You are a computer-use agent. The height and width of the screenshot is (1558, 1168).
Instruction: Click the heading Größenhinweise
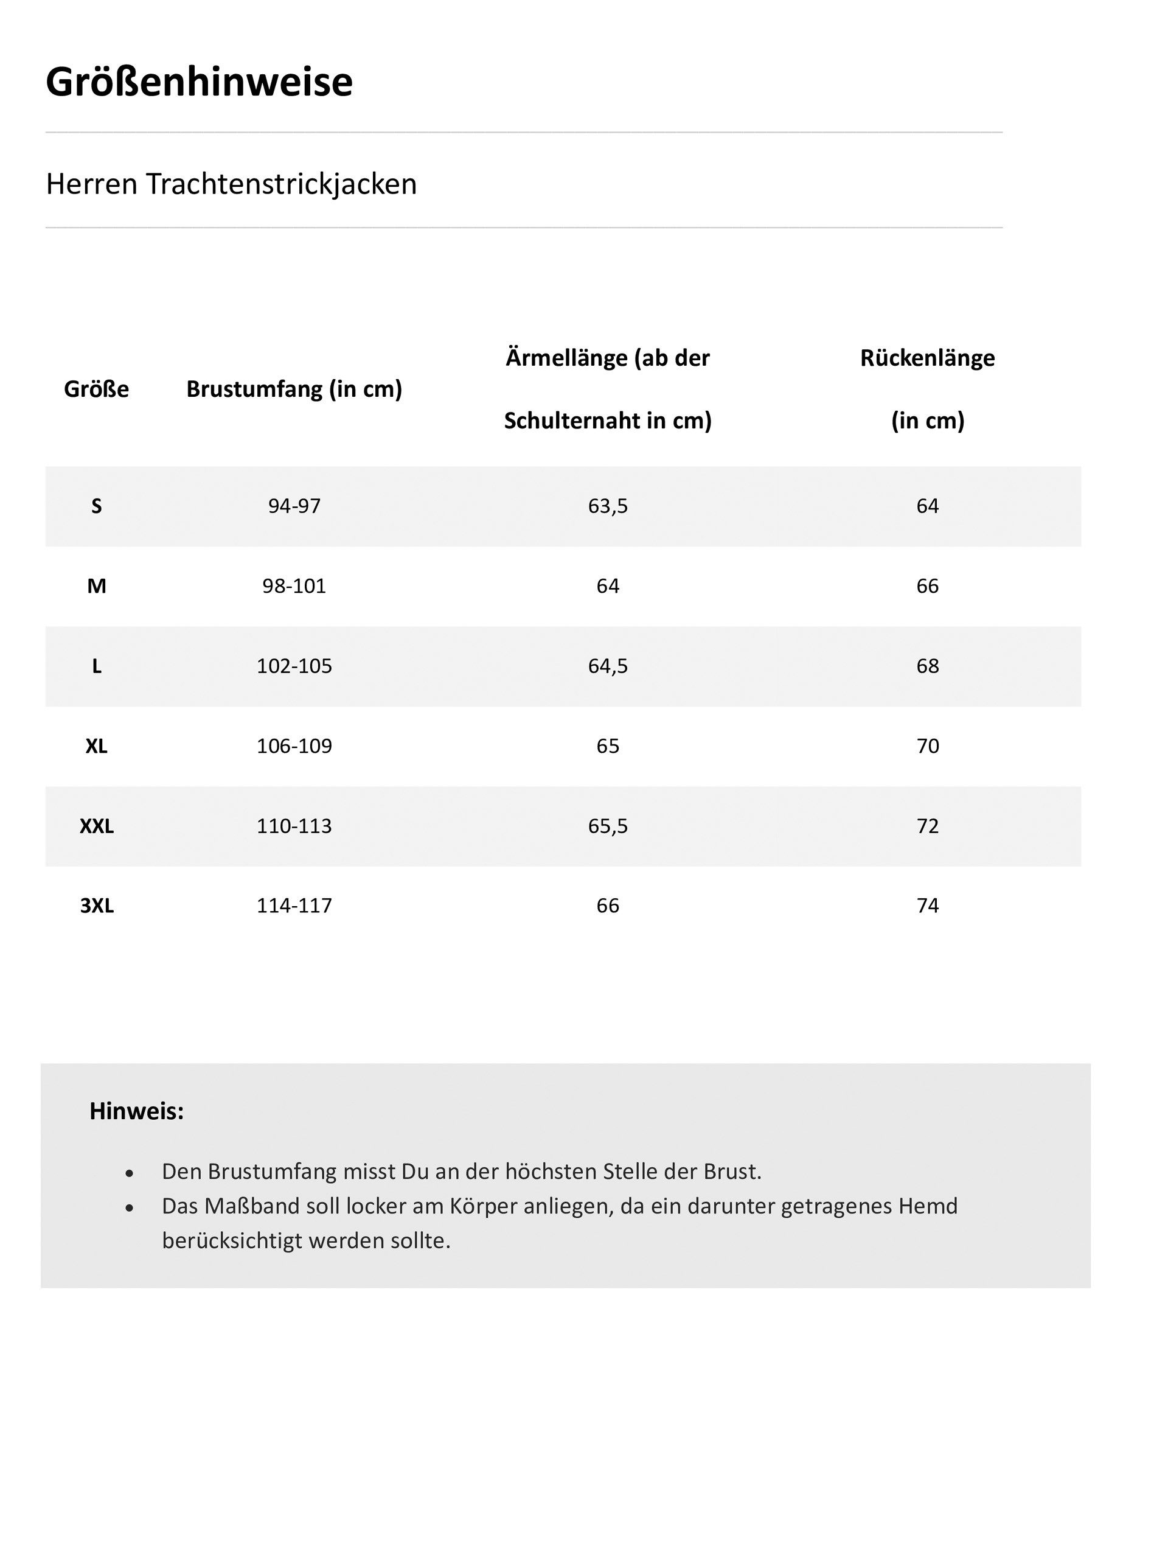(x=200, y=82)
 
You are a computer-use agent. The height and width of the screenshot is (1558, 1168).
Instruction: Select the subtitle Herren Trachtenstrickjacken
(x=231, y=184)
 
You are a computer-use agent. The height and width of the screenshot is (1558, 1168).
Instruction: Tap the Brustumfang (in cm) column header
(x=294, y=389)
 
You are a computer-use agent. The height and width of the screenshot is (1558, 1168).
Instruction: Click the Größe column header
(x=97, y=389)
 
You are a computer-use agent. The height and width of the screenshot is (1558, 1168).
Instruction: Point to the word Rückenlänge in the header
(x=927, y=358)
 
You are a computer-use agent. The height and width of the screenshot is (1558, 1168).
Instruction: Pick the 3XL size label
(x=97, y=906)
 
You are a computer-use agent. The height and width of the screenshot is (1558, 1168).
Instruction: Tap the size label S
(x=97, y=506)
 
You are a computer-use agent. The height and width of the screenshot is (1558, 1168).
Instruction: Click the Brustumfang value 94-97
(x=294, y=506)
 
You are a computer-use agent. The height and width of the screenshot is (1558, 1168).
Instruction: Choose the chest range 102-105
(x=294, y=666)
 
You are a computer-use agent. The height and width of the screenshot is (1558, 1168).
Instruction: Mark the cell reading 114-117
(x=294, y=906)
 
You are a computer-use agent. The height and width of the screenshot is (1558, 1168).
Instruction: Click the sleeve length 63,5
(x=608, y=506)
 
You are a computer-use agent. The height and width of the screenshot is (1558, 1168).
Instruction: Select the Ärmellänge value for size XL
(x=608, y=746)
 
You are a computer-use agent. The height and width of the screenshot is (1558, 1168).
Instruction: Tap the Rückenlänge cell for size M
(x=927, y=586)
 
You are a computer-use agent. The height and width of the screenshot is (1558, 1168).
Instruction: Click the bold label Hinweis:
(x=137, y=1111)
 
